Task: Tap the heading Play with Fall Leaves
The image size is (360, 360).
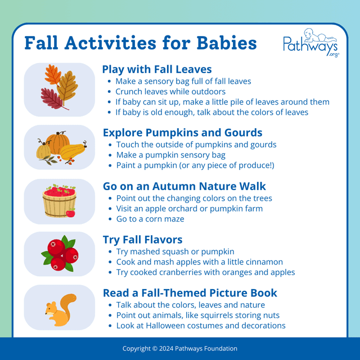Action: [x=156, y=70]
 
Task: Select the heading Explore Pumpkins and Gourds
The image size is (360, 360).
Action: [x=182, y=133]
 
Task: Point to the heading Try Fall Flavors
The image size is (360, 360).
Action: [x=142, y=240]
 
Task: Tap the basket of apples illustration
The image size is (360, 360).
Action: [x=59, y=201]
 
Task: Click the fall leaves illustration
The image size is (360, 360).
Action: [x=59, y=88]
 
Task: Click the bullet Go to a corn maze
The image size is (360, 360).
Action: [x=150, y=219]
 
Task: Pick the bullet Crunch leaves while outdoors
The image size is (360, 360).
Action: [x=170, y=91]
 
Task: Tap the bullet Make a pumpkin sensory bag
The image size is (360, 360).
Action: [x=170, y=155]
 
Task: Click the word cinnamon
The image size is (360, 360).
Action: [x=264, y=262]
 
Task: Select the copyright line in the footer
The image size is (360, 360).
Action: [x=180, y=349]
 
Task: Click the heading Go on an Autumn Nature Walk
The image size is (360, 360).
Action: [x=184, y=186]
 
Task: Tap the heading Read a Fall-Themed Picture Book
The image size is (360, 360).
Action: [x=190, y=293]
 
